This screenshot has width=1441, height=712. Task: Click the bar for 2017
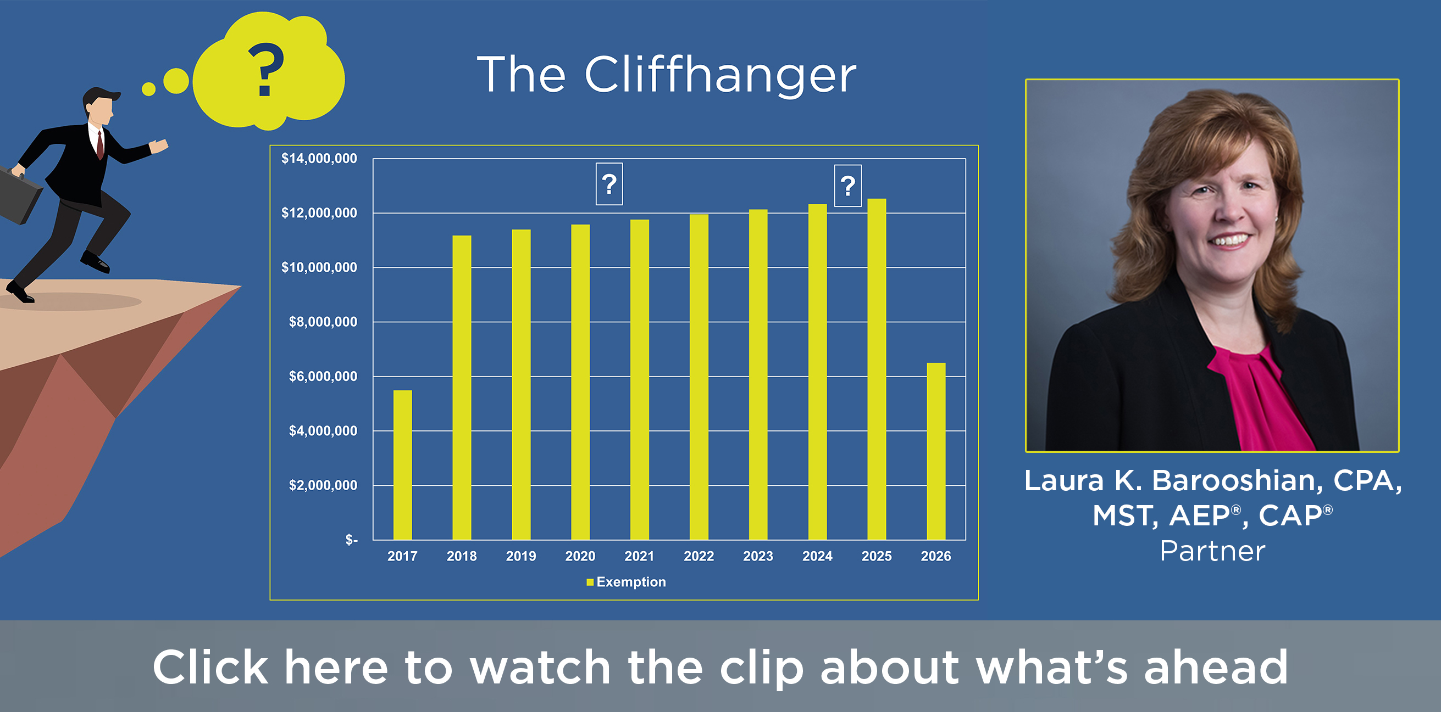pyautogui.click(x=402, y=465)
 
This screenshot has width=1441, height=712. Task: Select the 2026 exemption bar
pyautogui.click(x=936, y=452)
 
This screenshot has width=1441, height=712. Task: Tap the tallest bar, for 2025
pyautogui.click(x=877, y=369)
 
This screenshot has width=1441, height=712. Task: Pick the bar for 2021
pyautogui.click(x=639, y=379)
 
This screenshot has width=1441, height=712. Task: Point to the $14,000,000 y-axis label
pyautogui.click(x=319, y=159)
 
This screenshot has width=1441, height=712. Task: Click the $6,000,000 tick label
pyautogui.click(x=323, y=377)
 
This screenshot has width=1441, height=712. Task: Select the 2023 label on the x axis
pyautogui.click(x=758, y=556)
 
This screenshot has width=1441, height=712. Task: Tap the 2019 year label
pyautogui.click(x=521, y=556)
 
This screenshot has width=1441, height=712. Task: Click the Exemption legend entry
pyautogui.click(x=626, y=582)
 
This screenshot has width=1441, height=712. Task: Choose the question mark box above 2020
pyautogui.click(x=609, y=184)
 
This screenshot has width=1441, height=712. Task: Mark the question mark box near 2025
pyautogui.click(x=848, y=186)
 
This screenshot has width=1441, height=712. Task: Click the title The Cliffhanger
pyautogui.click(x=666, y=75)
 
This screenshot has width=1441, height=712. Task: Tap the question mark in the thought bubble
pyautogui.click(x=265, y=70)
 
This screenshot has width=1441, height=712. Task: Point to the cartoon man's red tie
pyautogui.click(x=100, y=144)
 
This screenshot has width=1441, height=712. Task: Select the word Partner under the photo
pyautogui.click(x=1212, y=551)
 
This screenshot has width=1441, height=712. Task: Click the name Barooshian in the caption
pyautogui.click(x=1238, y=481)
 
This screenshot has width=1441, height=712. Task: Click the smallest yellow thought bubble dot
pyautogui.click(x=149, y=89)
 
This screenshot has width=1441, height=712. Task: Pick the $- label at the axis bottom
pyautogui.click(x=351, y=540)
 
